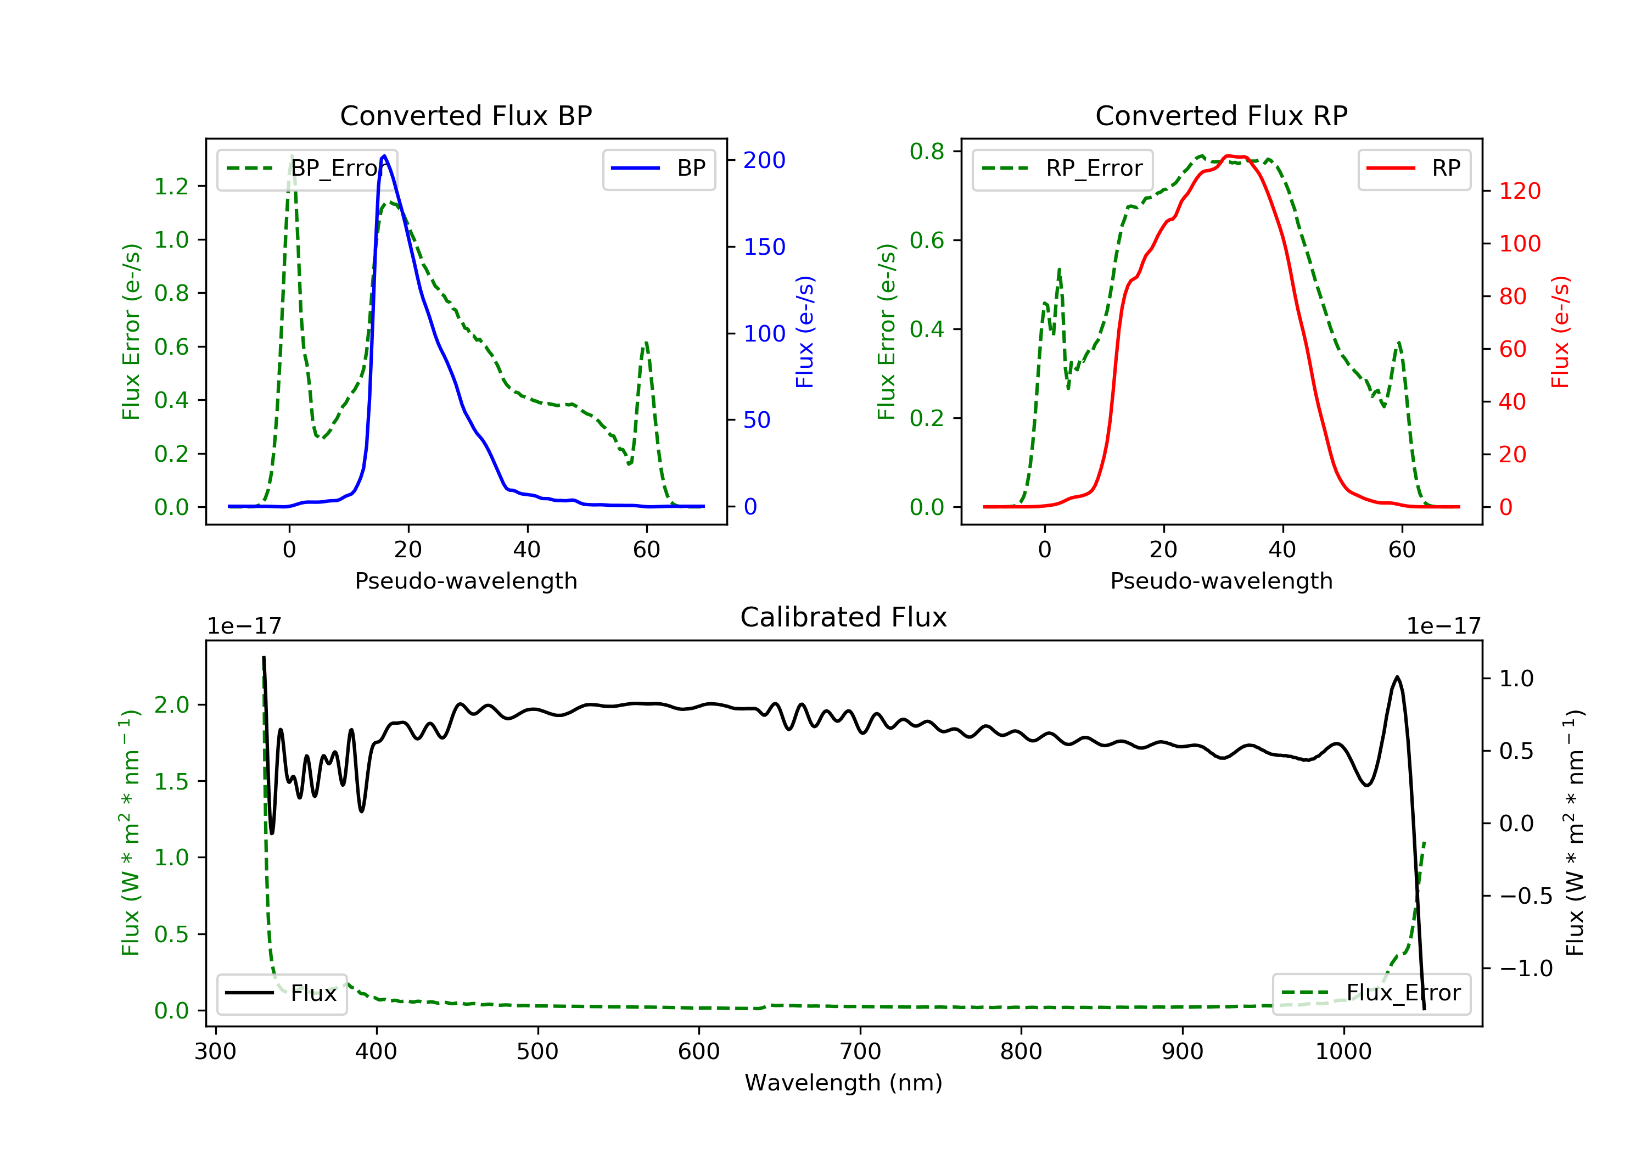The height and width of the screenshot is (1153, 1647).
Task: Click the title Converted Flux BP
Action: point(466,115)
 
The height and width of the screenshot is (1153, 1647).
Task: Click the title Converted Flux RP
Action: point(1221,115)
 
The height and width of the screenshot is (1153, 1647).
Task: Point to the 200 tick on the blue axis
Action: point(764,160)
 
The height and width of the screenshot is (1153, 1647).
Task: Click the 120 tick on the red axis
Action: point(1519,191)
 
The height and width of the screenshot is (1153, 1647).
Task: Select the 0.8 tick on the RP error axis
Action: point(927,152)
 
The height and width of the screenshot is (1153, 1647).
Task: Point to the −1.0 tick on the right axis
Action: point(1526,969)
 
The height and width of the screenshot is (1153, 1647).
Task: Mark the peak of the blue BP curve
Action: point(384,156)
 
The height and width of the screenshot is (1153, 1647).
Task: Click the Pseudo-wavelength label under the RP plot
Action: point(1221,580)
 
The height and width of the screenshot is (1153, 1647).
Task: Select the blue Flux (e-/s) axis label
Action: point(805,332)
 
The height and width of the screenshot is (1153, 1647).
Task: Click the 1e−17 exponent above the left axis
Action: point(244,626)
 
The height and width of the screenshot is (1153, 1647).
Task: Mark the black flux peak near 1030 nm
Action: point(1397,676)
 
